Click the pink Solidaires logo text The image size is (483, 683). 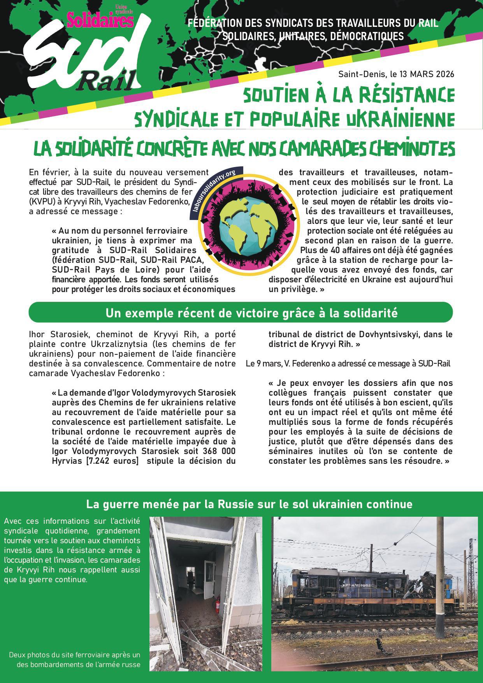pyautogui.click(x=100, y=20)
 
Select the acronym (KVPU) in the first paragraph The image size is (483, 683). pyautogui.click(x=43, y=202)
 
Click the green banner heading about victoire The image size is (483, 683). pyautogui.click(x=241, y=313)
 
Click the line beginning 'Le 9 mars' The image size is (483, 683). pyautogui.click(x=348, y=364)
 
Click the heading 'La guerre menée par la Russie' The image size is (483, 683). pyautogui.click(x=249, y=504)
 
